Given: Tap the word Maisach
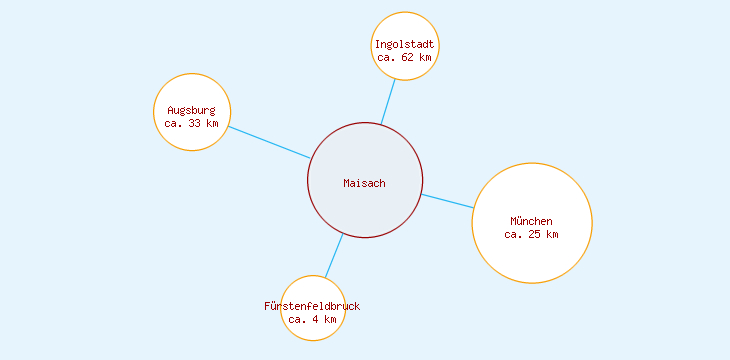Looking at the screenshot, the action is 364,183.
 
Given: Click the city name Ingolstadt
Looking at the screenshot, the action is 405,45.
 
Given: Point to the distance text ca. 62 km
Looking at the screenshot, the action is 405,58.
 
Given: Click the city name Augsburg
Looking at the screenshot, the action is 191,110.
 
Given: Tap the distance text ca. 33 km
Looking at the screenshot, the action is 191,123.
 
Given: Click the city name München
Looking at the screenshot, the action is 531,221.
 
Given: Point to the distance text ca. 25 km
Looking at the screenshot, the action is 531,234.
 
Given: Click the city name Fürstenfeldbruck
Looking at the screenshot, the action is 312,306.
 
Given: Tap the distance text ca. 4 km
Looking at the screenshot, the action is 312,319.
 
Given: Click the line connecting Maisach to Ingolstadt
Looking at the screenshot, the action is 388,101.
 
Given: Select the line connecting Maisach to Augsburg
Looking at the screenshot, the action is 269,142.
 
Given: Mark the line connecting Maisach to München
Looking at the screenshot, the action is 447,201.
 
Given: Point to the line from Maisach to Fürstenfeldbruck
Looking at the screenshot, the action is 334,255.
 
